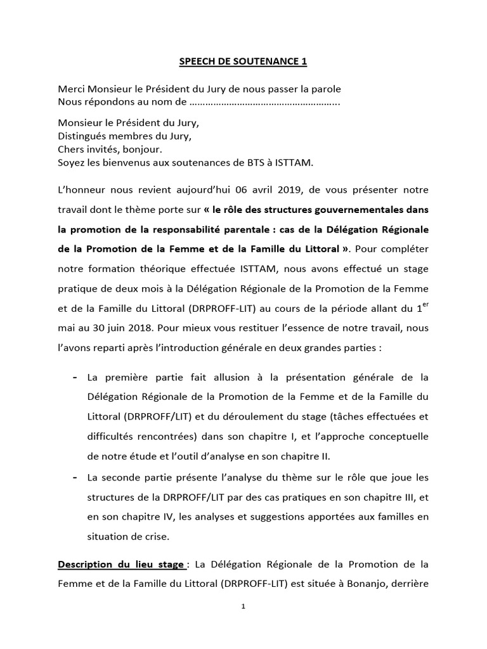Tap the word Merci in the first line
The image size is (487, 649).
tap(72, 90)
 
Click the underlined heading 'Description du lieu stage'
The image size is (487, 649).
tap(121, 564)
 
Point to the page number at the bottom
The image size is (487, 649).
tap(243, 606)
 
